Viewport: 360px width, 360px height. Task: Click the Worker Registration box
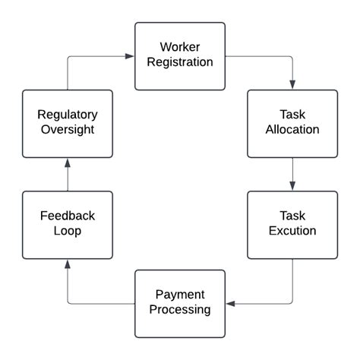pyautogui.click(x=180, y=55)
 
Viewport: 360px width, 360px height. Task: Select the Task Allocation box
pyautogui.click(x=292, y=123)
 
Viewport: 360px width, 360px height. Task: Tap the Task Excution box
pyautogui.click(x=292, y=224)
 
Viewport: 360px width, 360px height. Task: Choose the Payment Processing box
pyautogui.click(x=180, y=303)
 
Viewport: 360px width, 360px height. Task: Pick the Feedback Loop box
pyautogui.click(x=67, y=224)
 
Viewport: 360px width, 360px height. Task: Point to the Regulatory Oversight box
pyautogui.click(x=67, y=123)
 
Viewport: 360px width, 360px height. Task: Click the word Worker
pyautogui.click(x=180, y=47)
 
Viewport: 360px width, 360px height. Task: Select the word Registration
pyautogui.click(x=180, y=62)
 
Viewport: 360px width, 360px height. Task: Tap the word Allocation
pyautogui.click(x=292, y=130)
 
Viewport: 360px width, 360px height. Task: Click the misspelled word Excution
pyautogui.click(x=292, y=231)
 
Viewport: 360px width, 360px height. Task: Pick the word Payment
pyautogui.click(x=180, y=295)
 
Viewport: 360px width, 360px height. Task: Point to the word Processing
pyautogui.click(x=180, y=310)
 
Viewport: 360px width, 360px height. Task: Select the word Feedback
pyautogui.click(x=67, y=216)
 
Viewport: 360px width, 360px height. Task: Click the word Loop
pyautogui.click(x=67, y=231)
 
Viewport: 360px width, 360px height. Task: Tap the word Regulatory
pyautogui.click(x=67, y=115)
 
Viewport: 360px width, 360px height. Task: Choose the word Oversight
pyautogui.click(x=67, y=130)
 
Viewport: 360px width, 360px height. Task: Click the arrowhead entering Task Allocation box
pyautogui.click(x=292, y=85)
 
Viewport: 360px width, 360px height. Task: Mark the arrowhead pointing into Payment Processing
pyautogui.click(x=230, y=304)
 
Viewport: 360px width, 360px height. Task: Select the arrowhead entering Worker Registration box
pyautogui.click(x=130, y=55)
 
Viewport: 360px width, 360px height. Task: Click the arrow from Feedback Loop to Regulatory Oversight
pyautogui.click(x=67, y=174)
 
